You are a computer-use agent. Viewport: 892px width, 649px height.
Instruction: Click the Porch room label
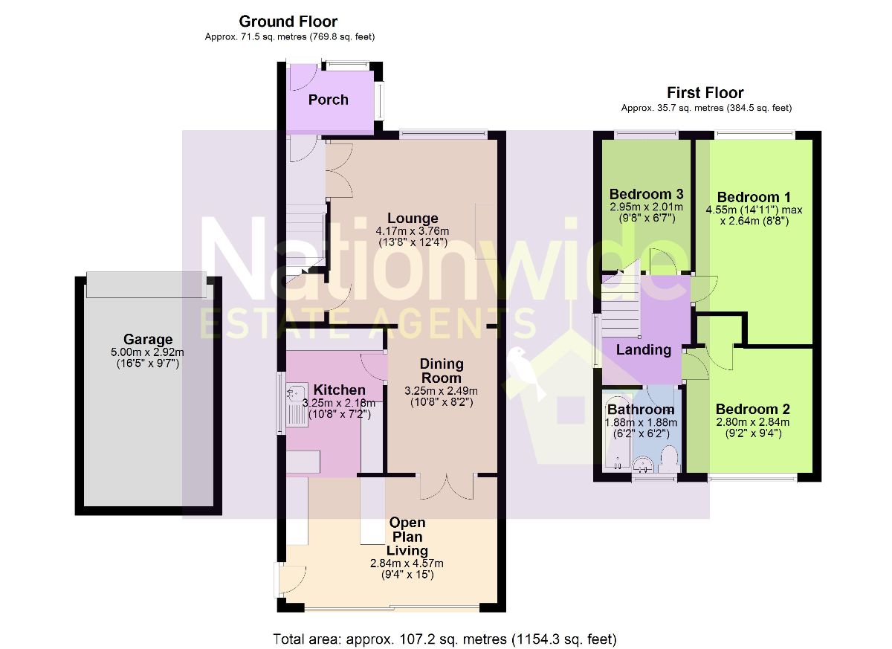(328, 100)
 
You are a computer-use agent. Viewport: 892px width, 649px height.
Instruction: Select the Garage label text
(148, 340)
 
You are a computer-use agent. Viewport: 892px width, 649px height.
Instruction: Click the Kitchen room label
(339, 390)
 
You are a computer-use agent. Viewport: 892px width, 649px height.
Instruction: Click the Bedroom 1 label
(753, 197)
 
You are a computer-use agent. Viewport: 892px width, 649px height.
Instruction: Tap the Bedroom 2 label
(752, 410)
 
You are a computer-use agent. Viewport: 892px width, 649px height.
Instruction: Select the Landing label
(644, 349)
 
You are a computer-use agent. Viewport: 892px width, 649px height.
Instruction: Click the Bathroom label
(641, 410)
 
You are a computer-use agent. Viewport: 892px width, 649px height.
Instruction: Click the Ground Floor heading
(288, 22)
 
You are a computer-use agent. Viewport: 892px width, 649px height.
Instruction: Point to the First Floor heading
(705, 93)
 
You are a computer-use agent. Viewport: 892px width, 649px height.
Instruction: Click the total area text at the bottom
(445, 639)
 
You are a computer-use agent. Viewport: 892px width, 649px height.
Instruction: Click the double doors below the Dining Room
(446, 486)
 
